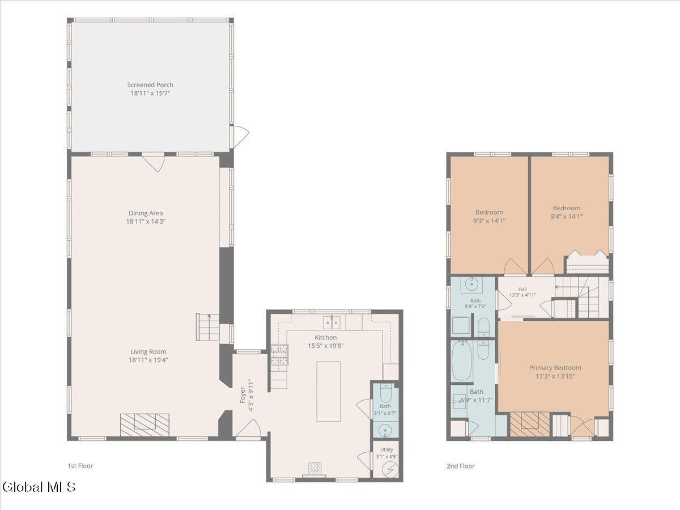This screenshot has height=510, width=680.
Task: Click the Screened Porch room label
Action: (150, 85)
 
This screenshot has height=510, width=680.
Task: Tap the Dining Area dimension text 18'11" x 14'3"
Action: (146, 222)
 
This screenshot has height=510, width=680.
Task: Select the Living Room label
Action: (148, 351)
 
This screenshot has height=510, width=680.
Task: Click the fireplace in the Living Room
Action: (144, 425)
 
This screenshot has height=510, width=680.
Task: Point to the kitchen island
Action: (328, 392)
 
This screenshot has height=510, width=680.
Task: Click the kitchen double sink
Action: (332, 322)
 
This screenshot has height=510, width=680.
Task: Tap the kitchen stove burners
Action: (279, 355)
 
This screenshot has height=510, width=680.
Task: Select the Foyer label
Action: (243, 395)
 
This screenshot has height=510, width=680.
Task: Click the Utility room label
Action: (386, 449)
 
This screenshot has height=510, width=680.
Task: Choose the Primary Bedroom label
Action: (555, 368)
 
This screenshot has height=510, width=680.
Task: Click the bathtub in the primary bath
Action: (462, 361)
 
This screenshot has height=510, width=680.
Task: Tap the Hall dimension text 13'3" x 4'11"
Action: (522, 295)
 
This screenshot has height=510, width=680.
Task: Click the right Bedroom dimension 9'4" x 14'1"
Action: (567, 216)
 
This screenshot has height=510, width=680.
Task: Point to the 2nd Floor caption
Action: (460, 466)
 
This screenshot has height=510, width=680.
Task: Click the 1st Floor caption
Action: (80, 466)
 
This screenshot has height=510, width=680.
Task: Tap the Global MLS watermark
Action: (39, 487)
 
